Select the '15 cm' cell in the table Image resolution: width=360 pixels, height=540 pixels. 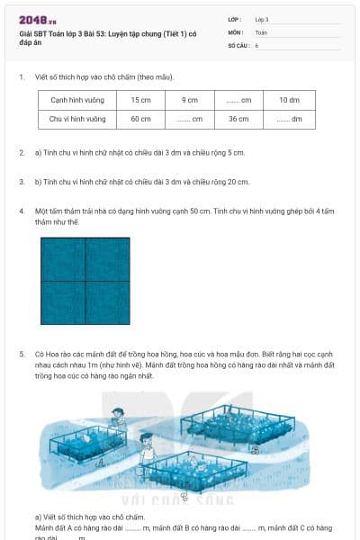click(140, 100)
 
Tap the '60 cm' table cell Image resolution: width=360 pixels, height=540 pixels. click(140, 119)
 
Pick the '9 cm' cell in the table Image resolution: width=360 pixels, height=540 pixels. click(189, 100)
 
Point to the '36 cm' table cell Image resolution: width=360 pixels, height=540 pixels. click(238, 119)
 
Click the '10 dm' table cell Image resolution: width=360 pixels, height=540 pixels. click(289, 100)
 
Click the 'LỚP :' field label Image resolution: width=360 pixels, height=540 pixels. click(235, 19)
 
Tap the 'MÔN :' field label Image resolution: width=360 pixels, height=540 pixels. click(236, 31)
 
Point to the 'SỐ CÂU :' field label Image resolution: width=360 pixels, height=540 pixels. click(238, 44)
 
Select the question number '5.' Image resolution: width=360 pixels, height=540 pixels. click(22, 355)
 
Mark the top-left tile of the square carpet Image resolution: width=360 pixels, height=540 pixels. click(63, 259)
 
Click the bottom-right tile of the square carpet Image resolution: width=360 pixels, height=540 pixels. click(107, 302)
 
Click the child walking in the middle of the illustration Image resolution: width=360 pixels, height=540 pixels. click(145, 444)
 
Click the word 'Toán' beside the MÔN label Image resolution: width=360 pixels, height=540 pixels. click(261, 31)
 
